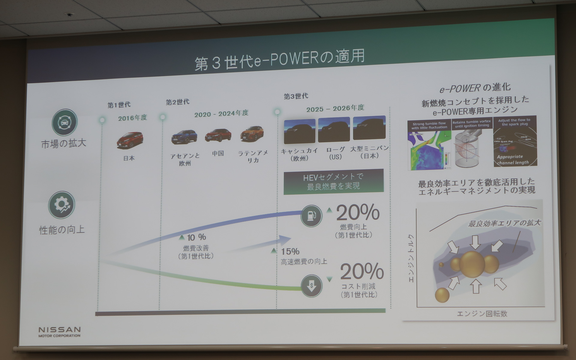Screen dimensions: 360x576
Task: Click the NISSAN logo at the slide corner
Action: point(59,331)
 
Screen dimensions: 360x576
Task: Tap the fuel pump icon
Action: point(311,216)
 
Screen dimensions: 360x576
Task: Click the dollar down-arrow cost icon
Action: point(311,286)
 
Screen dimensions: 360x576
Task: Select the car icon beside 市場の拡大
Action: point(64,122)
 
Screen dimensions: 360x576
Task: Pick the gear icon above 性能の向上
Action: point(61,205)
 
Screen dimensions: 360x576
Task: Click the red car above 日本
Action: point(130,140)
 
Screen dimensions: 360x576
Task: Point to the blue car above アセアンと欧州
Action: point(184,137)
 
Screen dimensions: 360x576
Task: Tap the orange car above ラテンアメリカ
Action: point(252,134)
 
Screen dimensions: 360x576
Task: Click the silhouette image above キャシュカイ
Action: point(299,131)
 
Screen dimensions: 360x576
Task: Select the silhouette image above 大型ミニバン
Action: point(369,128)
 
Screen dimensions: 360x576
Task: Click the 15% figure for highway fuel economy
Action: point(290,251)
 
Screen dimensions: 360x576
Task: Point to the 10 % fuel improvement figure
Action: point(196,237)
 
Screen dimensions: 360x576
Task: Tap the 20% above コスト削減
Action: point(362,271)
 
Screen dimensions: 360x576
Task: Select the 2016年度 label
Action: point(133,118)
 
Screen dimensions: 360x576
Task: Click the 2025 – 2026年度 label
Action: point(335,108)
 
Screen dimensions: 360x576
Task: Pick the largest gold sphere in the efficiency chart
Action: point(472,264)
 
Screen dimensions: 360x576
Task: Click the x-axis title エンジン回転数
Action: point(482,314)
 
